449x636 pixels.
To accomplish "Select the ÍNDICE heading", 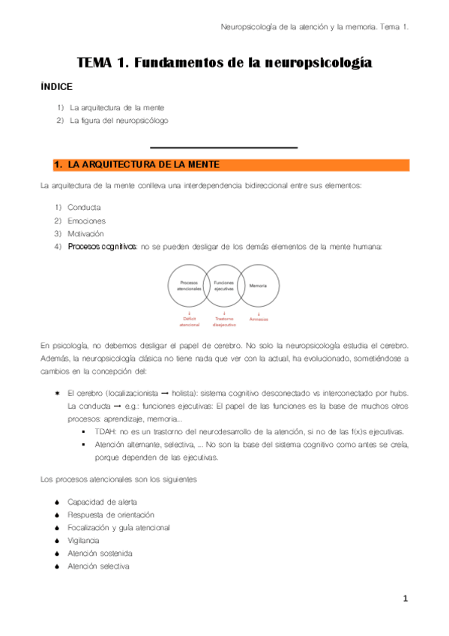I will coord(56,87).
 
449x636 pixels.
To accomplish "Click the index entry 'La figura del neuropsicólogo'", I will coord(118,120).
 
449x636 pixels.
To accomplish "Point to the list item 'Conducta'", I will coord(84,207).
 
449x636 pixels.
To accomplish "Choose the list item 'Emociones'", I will coord(86,220).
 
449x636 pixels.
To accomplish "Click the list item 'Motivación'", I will coord(86,234).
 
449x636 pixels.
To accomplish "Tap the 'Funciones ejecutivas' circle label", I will coord(224,286).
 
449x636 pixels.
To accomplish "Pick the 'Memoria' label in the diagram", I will coord(259,286).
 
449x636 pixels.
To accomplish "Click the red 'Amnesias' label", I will coord(259,319).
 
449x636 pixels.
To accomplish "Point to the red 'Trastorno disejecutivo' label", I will coord(224,322).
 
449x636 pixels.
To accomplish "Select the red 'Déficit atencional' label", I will coord(190,322).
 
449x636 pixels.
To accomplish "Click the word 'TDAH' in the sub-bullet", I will coord(106,432).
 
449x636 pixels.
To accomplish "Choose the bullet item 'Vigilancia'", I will coord(82,540).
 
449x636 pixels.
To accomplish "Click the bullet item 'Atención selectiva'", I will coord(98,566).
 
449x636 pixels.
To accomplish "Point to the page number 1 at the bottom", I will coord(405,598).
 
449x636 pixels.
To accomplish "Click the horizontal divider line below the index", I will coord(224,147).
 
